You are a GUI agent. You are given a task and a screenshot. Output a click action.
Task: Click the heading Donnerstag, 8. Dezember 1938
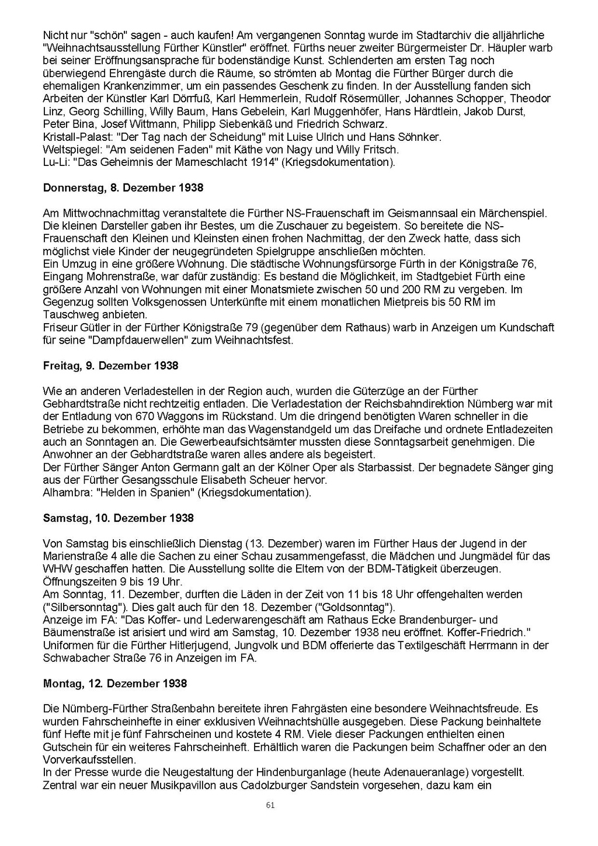(123, 188)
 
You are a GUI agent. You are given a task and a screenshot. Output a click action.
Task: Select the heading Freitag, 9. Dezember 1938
(110, 366)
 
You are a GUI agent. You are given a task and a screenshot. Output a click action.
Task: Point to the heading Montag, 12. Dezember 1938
(115, 684)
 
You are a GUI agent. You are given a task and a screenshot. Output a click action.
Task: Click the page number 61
(270, 805)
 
